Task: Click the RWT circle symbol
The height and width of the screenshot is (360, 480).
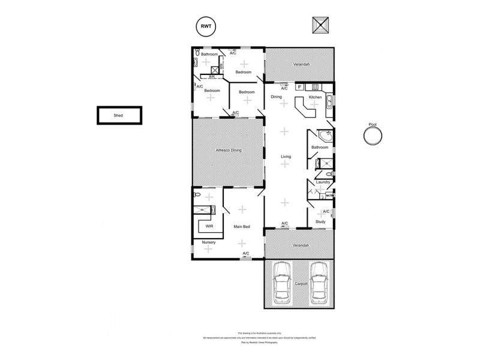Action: (x=205, y=26)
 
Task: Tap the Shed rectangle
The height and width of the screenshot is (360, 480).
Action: (x=120, y=115)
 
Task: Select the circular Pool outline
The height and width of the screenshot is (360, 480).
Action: (x=373, y=136)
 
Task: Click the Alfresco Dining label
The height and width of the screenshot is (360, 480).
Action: (x=228, y=150)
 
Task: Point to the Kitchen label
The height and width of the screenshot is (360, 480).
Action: (x=315, y=97)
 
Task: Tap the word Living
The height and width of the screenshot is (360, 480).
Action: (x=286, y=157)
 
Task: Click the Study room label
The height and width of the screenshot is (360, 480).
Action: (x=320, y=222)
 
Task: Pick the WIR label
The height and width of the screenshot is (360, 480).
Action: (x=209, y=227)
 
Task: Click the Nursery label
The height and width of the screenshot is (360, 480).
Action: (x=208, y=242)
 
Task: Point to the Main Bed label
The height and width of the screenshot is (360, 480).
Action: (x=242, y=227)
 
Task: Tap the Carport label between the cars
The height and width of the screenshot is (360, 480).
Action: (x=301, y=283)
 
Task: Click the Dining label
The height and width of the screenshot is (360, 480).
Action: (x=276, y=97)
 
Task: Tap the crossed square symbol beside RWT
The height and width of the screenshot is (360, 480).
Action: (x=321, y=26)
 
